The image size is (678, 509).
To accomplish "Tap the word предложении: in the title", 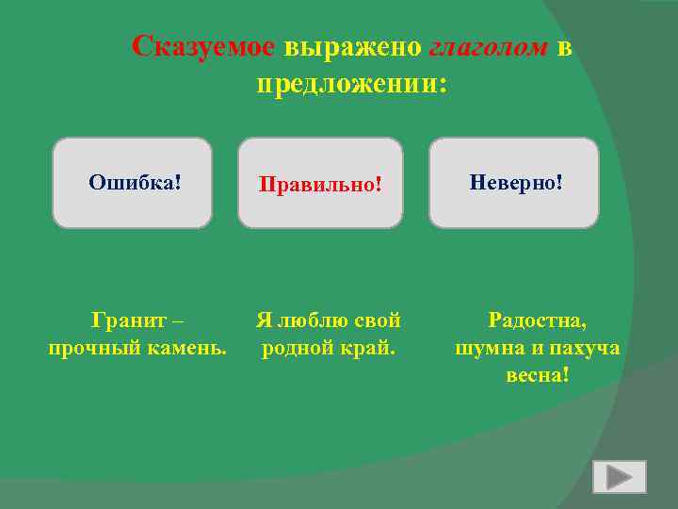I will pyautogui.click(x=351, y=84).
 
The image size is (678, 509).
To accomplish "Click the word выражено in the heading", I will pyautogui.click(x=352, y=46).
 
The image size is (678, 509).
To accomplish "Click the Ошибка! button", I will pyautogui.click(x=133, y=182).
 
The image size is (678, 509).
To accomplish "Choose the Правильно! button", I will pyautogui.click(x=320, y=182).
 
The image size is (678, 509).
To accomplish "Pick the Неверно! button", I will pyautogui.click(x=514, y=182).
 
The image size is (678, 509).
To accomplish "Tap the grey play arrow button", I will pyautogui.click(x=619, y=477).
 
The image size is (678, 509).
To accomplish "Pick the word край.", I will pyautogui.click(x=368, y=348).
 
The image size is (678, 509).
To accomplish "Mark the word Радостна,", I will pyautogui.click(x=537, y=321).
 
